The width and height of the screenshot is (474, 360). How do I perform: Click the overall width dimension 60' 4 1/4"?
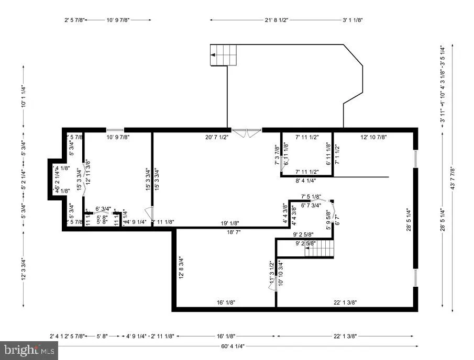[232, 346]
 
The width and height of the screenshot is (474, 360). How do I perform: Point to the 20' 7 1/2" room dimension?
[216, 137]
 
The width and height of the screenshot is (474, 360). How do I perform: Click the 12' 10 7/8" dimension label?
[373, 137]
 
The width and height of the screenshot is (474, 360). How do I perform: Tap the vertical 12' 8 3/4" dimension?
[181, 267]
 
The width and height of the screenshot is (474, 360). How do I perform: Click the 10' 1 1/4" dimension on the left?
[23, 96]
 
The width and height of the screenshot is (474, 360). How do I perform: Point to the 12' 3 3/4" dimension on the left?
[23, 268]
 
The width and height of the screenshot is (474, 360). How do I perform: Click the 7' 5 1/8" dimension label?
[310, 197]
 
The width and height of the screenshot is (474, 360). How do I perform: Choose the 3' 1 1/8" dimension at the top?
[352, 20]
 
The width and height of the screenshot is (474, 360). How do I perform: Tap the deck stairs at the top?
[223, 55]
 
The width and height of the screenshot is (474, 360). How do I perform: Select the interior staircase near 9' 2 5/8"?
[319, 248]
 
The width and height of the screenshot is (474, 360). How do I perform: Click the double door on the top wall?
[246, 132]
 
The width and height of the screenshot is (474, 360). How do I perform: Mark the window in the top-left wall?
[115, 130]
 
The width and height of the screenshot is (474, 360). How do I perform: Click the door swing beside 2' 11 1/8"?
[149, 215]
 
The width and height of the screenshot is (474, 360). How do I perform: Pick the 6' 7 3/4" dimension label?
[311, 205]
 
